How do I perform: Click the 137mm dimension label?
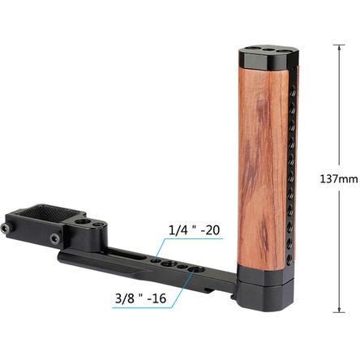pyautogui.click(x=339, y=178)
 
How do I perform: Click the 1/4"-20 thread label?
pyautogui.click(x=194, y=229)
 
